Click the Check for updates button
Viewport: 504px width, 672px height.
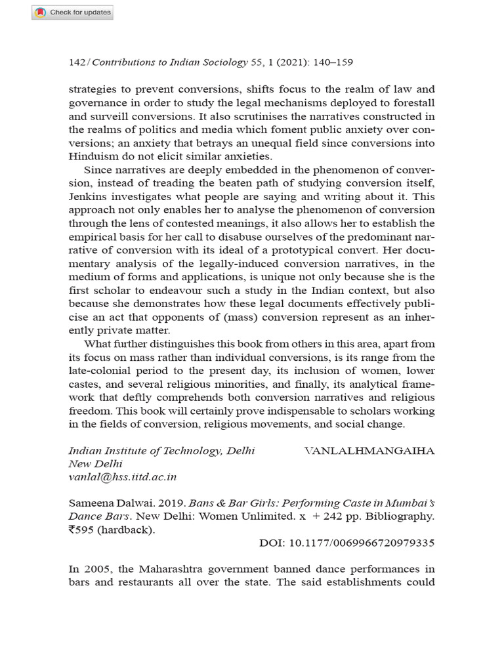pyautogui.click(x=73, y=12)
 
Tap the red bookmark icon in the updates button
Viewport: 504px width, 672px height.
pyautogui.click(x=41, y=12)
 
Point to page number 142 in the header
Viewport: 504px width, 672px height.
pyautogui.click(x=77, y=62)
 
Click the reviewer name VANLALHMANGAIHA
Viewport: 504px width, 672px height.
pyautogui.click(x=369, y=451)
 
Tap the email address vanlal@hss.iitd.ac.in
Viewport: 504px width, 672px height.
pyautogui.click(x=123, y=477)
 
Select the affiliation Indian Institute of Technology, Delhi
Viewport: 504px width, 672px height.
pyautogui.click(x=161, y=451)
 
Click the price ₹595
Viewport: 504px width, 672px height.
pyautogui.click(x=83, y=530)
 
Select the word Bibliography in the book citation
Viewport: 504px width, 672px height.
pyautogui.click(x=401, y=516)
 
